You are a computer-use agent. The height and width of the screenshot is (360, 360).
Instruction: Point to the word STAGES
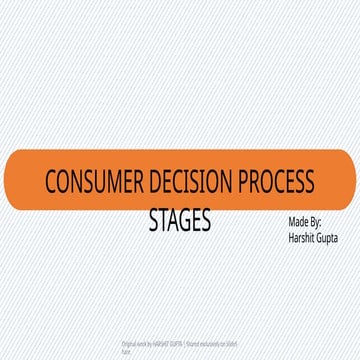pyautogui.click(x=179, y=219)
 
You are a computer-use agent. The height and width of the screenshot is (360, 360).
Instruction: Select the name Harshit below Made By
pyautogui.click(x=301, y=238)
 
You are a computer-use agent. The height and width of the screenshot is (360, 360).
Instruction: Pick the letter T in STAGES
pyautogui.click(x=161, y=219)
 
